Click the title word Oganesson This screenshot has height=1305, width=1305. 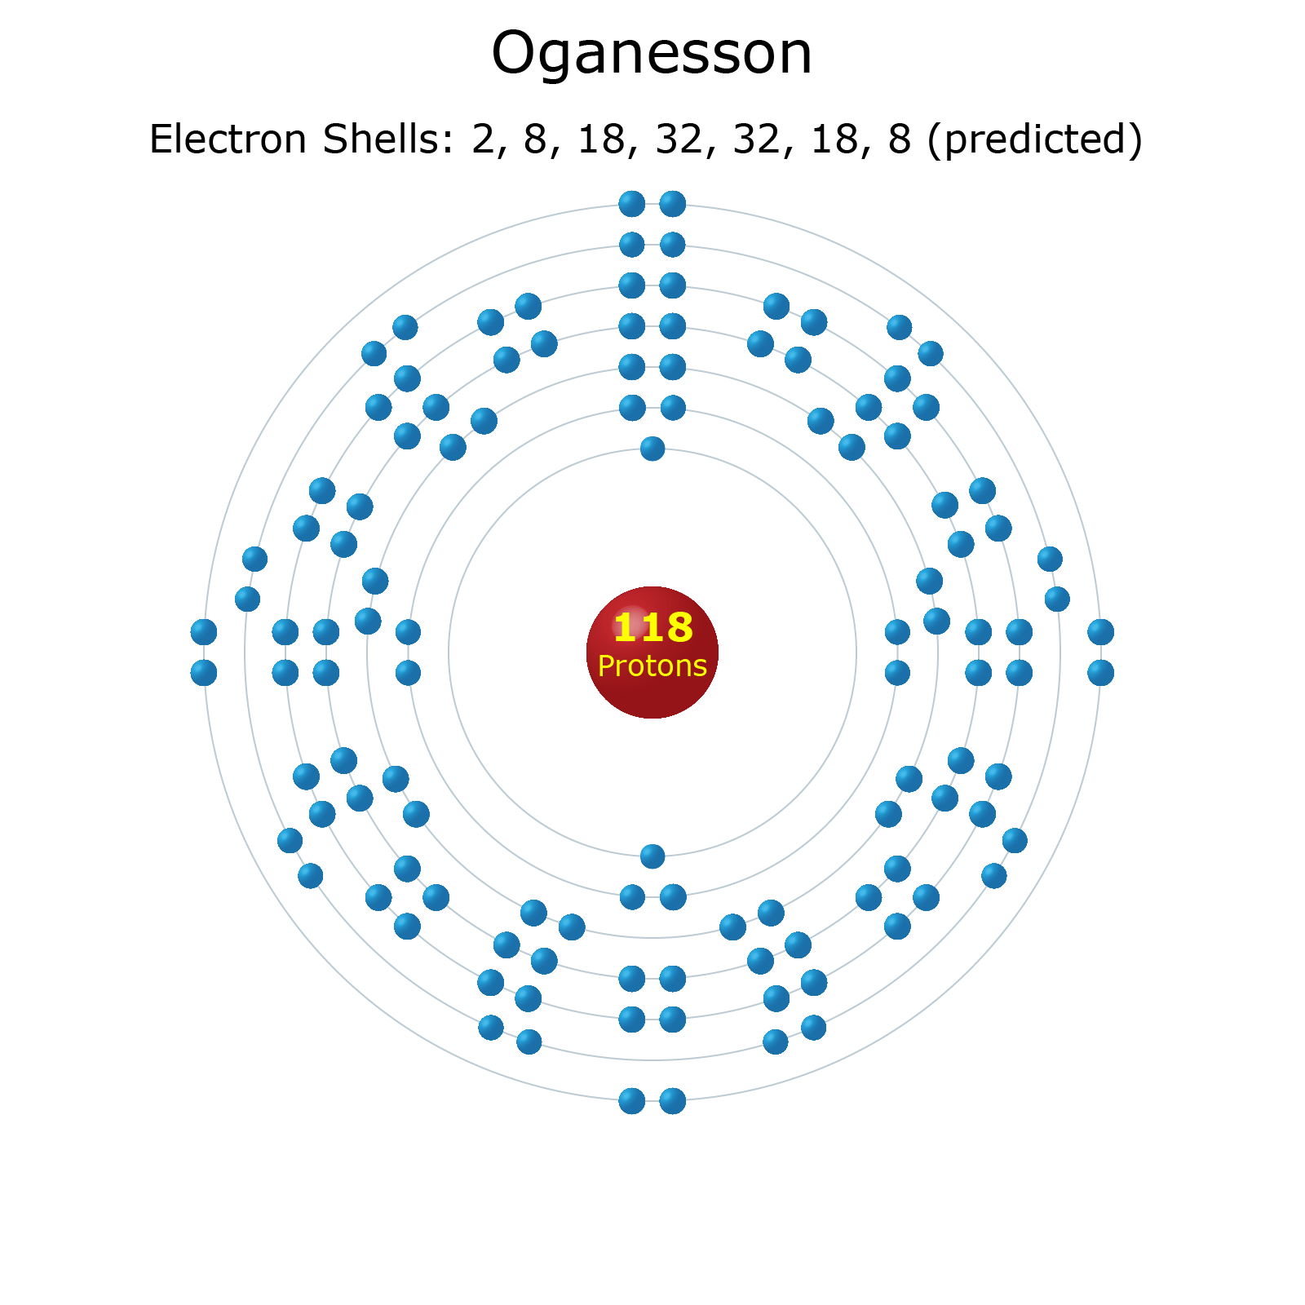click(x=652, y=54)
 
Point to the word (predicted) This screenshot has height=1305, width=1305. click(x=1035, y=139)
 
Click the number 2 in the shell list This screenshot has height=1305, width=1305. click(x=482, y=139)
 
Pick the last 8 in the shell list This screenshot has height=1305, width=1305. click(x=899, y=139)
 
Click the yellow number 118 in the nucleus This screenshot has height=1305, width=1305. click(x=652, y=628)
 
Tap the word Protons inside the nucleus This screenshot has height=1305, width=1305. click(x=652, y=666)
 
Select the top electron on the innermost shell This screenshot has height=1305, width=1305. click(x=652, y=448)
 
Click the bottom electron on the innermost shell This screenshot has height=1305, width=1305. click(x=652, y=856)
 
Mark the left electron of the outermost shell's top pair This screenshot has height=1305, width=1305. click(x=632, y=204)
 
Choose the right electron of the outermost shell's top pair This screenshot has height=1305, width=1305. click(x=673, y=204)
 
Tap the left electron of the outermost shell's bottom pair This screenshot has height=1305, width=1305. click(x=632, y=1101)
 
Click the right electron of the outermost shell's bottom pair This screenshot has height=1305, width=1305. click(x=673, y=1101)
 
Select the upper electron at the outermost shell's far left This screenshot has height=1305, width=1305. click(x=204, y=632)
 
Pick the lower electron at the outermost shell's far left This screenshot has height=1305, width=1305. click(x=204, y=673)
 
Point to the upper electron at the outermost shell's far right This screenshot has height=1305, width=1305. click(x=1101, y=632)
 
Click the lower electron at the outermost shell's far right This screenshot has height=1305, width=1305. click(x=1101, y=673)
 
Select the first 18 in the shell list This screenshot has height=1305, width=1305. click(x=602, y=139)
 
